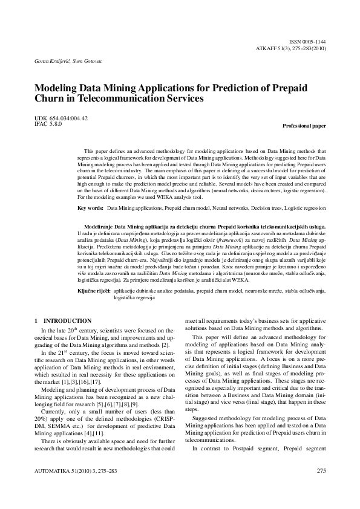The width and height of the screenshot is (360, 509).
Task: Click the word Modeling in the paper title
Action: click(56, 87)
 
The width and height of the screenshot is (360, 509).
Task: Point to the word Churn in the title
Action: click(50, 98)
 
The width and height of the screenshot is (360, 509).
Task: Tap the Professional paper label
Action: click(304, 126)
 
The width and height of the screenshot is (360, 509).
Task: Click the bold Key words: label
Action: click(91, 207)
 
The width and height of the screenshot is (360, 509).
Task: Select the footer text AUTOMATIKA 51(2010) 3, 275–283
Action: click(74, 487)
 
